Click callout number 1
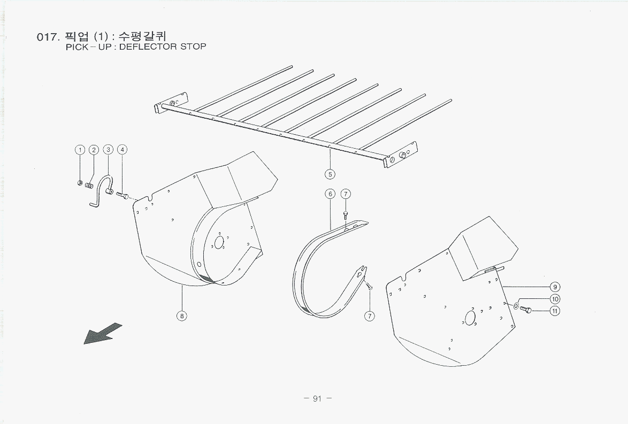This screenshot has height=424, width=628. pos(79,150)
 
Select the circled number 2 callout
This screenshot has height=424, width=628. pos(94,150)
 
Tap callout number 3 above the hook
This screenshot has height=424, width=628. pos(108,150)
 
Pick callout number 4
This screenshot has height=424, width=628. pos(122,150)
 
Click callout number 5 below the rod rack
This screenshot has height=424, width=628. pos(330,173)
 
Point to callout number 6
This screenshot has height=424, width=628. pos(330,194)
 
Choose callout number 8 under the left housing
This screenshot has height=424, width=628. pos(182,315)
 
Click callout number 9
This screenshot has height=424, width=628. pos(555,287)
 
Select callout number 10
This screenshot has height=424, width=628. pos(555,299)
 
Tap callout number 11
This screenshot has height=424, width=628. pos(555,311)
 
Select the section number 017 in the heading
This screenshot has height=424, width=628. pos(47,37)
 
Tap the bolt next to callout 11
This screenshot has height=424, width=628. pos(526,310)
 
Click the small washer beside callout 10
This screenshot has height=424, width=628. pos(516,306)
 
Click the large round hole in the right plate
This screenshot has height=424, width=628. pos(470,318)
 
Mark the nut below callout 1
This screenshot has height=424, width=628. pos(80,183)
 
